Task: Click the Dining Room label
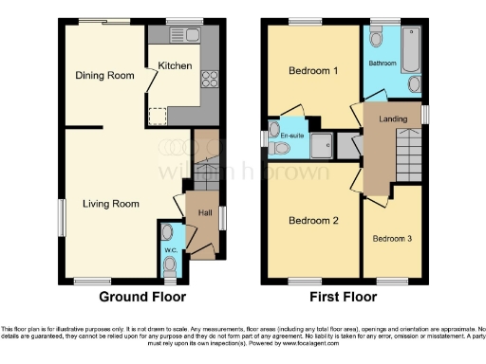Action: point(105,75)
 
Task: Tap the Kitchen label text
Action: point(175,65)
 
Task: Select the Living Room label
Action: point(110,204)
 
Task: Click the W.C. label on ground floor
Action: point(171,250)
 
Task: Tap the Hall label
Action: point(204,213)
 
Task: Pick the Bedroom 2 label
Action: point(312,220)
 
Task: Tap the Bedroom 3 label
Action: point(391,238)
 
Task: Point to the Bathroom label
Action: point(383,63)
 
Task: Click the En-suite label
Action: point(291,137)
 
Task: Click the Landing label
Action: point(394,118)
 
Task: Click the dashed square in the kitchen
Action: point(157,115)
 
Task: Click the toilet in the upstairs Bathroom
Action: point(377,39)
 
